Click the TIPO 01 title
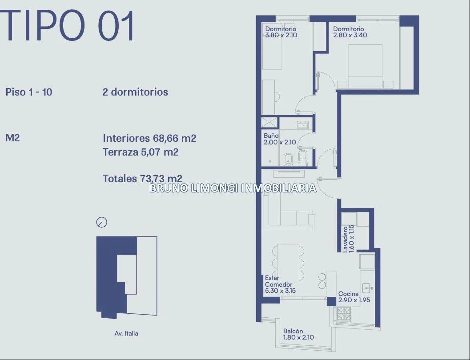point(67,25)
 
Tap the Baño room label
point(271,136)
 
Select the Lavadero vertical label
point(345,239)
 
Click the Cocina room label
point(348,294)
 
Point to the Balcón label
point(293,331)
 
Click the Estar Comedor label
point(278,281)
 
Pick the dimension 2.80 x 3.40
point(350,35)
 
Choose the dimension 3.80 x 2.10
point(281,35)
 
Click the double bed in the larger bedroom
point(365,67)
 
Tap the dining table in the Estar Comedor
point(288,263)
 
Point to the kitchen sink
point(367,288)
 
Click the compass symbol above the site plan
point(102,222)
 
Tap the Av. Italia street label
point(126,333)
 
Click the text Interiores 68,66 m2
point(149,138)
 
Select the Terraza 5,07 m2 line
point(141,152)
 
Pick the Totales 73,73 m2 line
point(142,179)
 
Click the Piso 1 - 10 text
point(29,92)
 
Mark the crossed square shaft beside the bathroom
point(270,123)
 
